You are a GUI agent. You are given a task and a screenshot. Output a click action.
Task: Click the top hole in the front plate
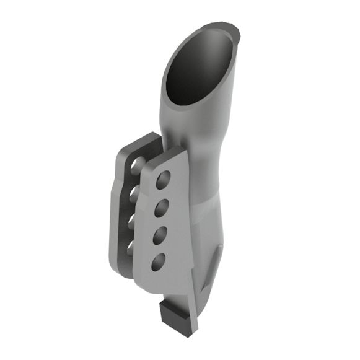(164, 181)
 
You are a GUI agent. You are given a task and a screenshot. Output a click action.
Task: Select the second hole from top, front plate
(162, 208)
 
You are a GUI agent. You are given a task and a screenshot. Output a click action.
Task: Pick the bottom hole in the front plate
(158, 261)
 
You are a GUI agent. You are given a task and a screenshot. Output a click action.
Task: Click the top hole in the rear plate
(137, 166)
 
